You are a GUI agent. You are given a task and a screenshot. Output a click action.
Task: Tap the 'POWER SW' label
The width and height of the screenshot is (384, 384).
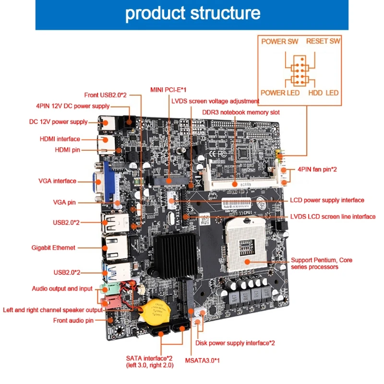(280, 41)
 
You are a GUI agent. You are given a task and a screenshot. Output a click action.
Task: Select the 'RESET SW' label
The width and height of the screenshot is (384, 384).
(323, 41)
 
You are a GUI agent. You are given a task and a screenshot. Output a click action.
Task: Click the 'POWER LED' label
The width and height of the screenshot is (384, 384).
(280, 92)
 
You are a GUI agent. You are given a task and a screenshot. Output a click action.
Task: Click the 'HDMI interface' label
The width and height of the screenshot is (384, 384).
(60, 139)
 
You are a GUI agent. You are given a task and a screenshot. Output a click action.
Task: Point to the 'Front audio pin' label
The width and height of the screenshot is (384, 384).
(73, 320)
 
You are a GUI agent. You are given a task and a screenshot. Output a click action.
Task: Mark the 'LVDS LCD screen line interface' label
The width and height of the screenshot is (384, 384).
(333, 216)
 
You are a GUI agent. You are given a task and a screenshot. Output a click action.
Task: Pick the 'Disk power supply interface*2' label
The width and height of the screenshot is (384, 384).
(235, 343)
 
